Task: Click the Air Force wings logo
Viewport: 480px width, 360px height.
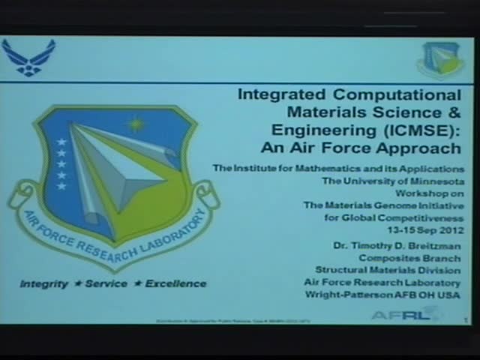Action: coord(28,57)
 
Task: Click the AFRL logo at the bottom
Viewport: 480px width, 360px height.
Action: coord(405,314)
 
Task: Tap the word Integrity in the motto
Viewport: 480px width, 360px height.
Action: coord(43,284)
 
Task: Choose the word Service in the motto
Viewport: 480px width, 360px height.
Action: coord(106,284)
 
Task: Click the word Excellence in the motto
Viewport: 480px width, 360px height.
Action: coord(175,284)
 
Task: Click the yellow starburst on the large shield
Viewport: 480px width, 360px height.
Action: coord(136,121)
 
